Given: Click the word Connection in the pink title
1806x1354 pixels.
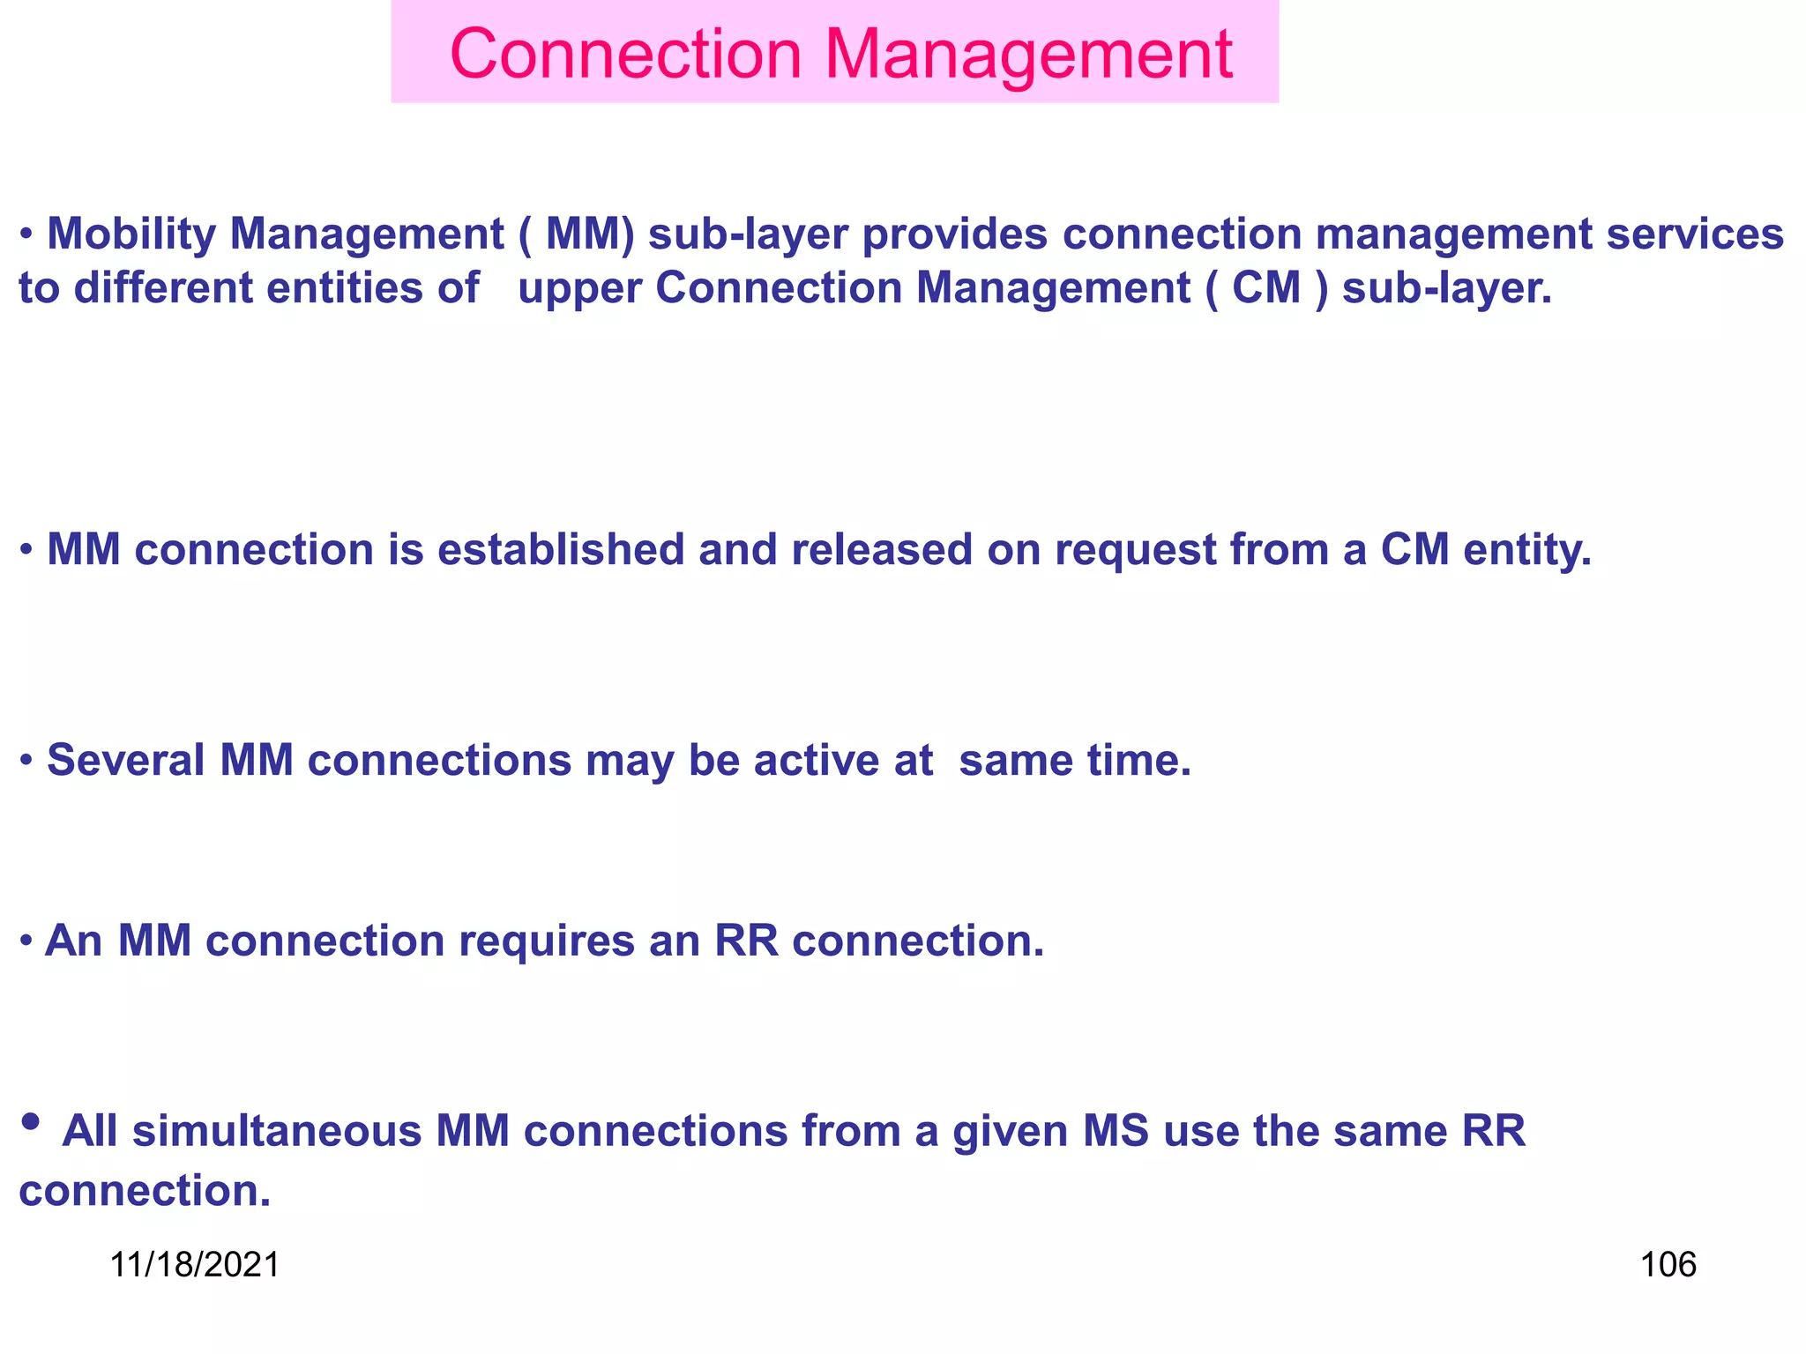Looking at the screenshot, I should coord(625,55).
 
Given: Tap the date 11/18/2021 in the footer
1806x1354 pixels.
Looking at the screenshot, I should coord(195,1265).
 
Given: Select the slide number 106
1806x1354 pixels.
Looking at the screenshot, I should coord(1668,1265).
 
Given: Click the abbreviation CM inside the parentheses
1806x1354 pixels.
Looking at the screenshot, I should coord(1266,288).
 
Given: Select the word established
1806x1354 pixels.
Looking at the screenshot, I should coord(561,550).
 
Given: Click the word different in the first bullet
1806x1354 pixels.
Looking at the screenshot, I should coord(163,288).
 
